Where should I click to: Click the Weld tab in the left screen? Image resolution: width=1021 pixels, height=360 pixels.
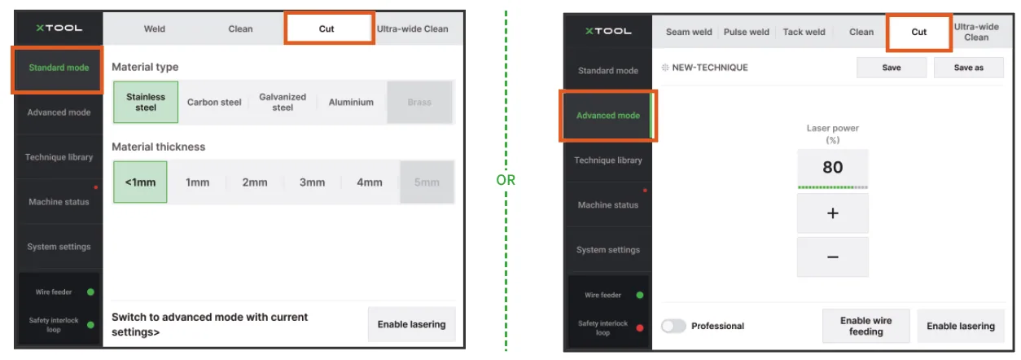[x=155, y=29]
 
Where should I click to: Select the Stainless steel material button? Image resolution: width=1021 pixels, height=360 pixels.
[x=146, y=102]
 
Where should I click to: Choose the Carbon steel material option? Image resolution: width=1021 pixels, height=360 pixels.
[x=214, y=102]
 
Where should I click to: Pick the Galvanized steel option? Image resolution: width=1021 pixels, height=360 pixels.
[x=283, y=102]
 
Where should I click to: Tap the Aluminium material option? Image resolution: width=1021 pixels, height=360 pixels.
[x=351, y=102]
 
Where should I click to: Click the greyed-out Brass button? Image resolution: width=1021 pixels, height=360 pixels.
[x=419, y=102]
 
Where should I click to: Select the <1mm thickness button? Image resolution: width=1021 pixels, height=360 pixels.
[x=140, y=182]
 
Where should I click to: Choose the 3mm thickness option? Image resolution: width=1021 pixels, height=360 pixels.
[x=312, y=182]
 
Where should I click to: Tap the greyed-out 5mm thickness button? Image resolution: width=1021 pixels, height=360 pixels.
[x=427, y=182]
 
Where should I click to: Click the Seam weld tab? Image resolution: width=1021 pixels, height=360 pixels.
[x=689, y=32]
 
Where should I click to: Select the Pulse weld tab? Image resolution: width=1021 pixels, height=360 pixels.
[x=746, y=32]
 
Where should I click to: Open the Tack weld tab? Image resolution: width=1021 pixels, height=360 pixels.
[x=804, y=32]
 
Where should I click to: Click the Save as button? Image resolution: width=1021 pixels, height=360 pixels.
[x=969, y=68]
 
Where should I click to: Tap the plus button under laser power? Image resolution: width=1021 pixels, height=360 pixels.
[x=833, y=213]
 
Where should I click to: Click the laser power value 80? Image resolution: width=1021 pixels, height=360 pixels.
[x=833, y=167]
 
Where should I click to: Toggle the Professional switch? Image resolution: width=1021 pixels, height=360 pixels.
[x=673, y=326]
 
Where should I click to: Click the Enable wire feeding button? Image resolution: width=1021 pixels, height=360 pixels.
[x=866, y=326]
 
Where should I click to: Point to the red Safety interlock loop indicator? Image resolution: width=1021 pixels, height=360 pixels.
[x=640, y=328]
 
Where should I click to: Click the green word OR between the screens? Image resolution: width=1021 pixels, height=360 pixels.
[x=506, y=180]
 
